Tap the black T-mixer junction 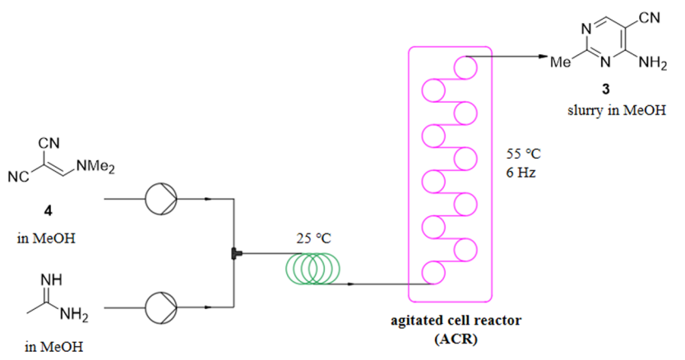tap(235, 253)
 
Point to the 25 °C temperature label tap(315, 239)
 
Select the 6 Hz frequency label tap(519, 173)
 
